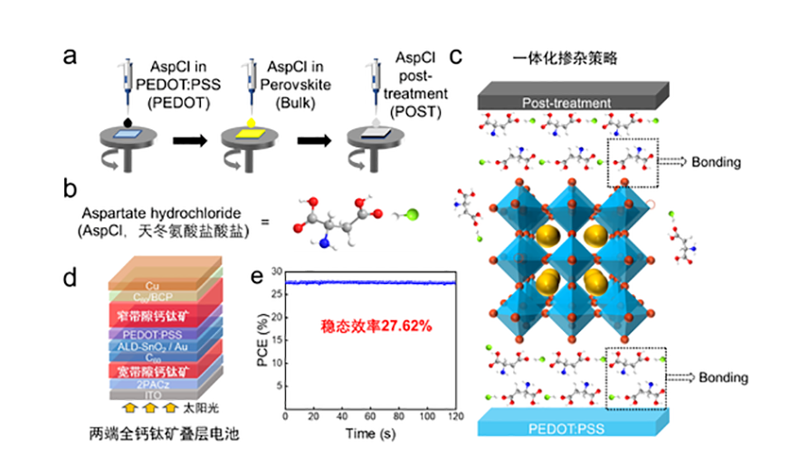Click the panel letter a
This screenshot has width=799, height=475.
(70, 57)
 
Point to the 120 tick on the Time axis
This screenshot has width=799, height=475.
(456, 415)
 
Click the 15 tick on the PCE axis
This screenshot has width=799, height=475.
(271, 340)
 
